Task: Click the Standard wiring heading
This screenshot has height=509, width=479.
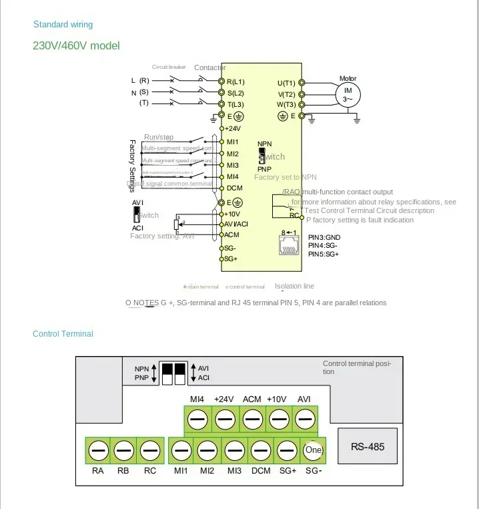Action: (x=63, y=25)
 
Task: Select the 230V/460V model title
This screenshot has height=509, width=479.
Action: (x=76, y=46)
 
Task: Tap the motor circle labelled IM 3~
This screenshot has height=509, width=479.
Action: (x=348, y=94)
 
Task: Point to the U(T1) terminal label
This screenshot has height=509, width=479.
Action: (x=287, y=83)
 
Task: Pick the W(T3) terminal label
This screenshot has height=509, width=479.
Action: (x=286, y=105)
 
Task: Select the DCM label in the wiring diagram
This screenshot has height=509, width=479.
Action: (x=234, y=188)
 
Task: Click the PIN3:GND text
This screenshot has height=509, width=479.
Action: (x=324, y=237)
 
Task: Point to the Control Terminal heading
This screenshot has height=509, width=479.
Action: (x=63, y=334)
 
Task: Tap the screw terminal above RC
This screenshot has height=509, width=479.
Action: (x=150, y=451)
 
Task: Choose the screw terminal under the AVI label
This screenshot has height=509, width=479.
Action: (x=304, y=419)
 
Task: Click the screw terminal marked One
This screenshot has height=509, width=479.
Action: (x=313, y=451)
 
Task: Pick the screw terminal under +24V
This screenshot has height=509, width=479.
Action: (x=224, y=419)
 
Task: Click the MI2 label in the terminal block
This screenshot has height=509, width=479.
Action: (x=207, y=470)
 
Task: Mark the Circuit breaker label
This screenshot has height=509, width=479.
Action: (x=169, y=67)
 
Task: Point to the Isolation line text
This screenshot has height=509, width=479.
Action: (x=294, y=286)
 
